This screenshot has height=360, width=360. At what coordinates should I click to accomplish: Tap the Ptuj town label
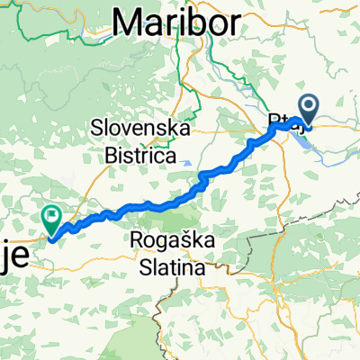pos(283,119)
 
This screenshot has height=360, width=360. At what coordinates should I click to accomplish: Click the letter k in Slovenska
pos(170,128)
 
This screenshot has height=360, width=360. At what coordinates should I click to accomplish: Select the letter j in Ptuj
pos(298,121)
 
